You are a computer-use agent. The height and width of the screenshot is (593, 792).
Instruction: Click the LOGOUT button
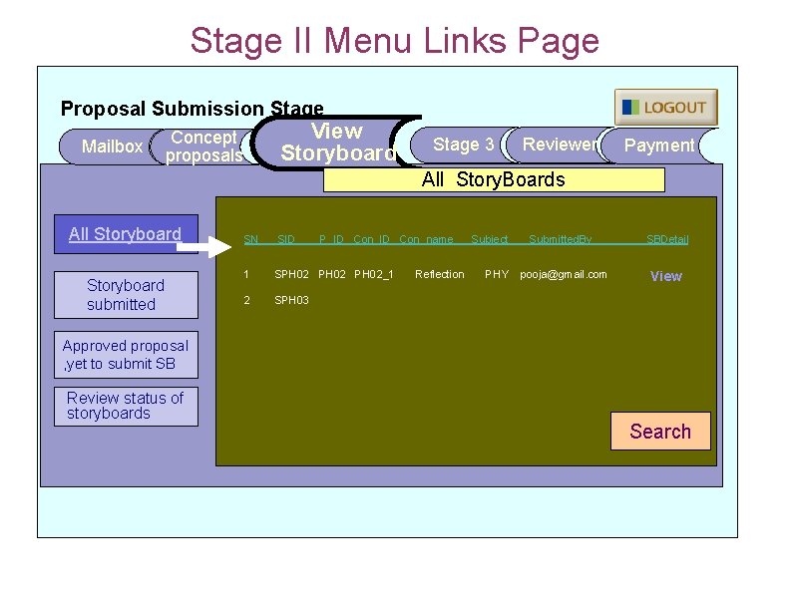click(x=665, y=108)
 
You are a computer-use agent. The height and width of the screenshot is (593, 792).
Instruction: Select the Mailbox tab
click(x=111, y=147)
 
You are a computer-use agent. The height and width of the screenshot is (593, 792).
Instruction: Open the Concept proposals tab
click(x=203, y=147)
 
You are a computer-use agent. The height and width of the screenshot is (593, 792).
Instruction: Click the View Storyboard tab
click(x=336, y=143)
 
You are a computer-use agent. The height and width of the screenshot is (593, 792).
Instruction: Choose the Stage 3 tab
click(x=463, y=145)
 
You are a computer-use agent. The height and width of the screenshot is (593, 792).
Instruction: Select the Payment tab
click(x=658, y=146)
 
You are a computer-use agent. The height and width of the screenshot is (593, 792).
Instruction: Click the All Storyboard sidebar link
click(x=125, y=234)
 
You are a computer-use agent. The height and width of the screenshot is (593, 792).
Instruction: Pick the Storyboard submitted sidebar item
click(x=124, y=294)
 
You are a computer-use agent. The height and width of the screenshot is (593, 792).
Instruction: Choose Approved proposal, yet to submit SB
click(x=125, y=355)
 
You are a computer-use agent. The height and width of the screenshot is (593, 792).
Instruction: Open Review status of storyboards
click(x=125, y=406)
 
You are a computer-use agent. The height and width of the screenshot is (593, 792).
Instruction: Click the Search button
click(x=660, y=432)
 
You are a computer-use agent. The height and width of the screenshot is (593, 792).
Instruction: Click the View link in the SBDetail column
click(x=666, y=276)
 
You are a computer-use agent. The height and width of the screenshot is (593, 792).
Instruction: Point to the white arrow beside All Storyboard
click(x=211, y=242)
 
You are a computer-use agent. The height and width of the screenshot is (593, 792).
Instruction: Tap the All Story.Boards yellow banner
click(x=494, y=179)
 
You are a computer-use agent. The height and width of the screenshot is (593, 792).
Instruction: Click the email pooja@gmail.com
click(x=564, y=274)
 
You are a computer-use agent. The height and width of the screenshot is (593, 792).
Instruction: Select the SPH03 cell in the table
click(x=291, y=300)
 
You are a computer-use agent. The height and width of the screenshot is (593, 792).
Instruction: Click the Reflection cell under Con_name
click(x=440, y=274)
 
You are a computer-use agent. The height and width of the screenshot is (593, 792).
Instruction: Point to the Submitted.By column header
click(x=560, y=239)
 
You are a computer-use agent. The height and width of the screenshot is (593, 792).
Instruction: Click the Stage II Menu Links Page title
click(x=395, y=41)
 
